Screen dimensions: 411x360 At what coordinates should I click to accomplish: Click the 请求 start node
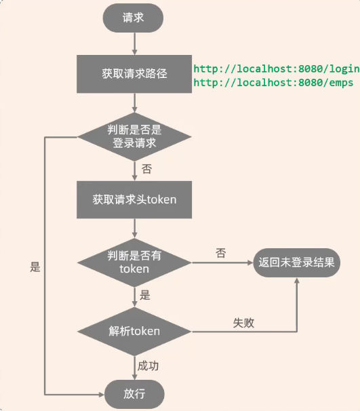coord(134,18)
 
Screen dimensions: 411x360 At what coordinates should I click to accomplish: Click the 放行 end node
coord(134,393)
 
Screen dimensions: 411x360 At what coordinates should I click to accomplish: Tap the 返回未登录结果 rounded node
coord(296,263)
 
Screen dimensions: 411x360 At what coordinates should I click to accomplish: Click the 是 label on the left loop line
coord(35,267)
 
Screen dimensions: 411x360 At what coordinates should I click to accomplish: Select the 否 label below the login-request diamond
coord(146,168)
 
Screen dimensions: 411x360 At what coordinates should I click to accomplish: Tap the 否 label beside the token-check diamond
coord(220,253)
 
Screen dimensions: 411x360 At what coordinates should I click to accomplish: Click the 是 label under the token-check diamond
coord(145,296)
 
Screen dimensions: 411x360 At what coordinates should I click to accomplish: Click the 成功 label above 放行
coord(148,366)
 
